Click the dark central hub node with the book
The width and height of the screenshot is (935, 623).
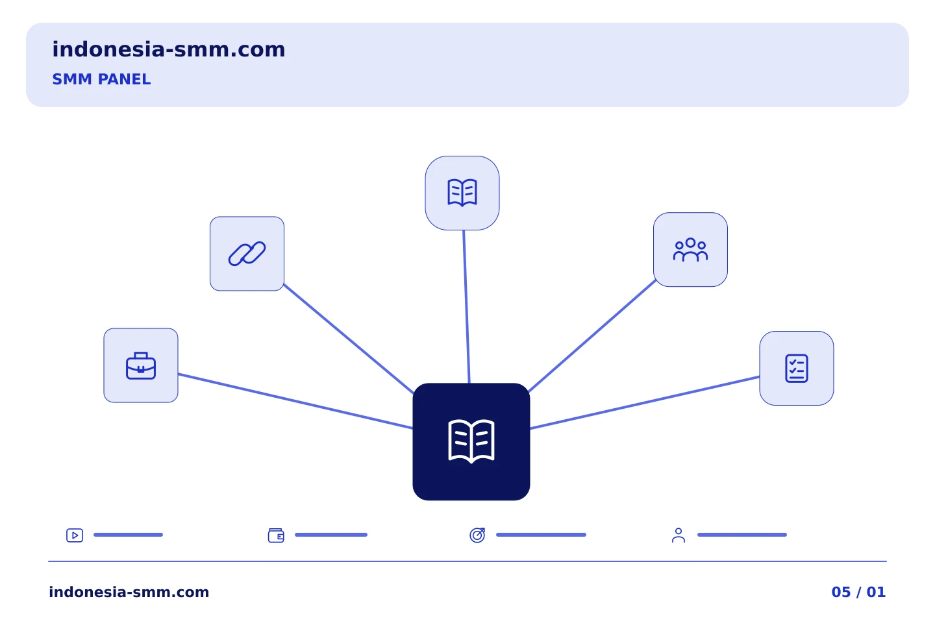(471, 442)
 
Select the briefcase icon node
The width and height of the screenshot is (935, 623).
(141, 365)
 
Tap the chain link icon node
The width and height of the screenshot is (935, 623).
(247, 254)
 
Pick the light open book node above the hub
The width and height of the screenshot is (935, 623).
(462, 193)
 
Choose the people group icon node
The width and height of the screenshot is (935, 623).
(690, 250)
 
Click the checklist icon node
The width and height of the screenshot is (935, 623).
(797, 369)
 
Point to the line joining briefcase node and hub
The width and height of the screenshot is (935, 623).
(295, 402)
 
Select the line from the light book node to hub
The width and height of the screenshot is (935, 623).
(467, 307)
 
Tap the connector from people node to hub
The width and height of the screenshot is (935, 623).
(592, 336)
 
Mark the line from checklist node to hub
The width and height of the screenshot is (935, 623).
(645, 402)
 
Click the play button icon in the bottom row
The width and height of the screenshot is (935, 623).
(75, 535)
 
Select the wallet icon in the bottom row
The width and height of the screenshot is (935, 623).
(276, 535)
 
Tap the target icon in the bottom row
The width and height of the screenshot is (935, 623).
(477, 535)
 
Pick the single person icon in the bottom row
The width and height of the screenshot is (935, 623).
(679, 535)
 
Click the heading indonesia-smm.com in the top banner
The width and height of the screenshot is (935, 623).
(169, 49)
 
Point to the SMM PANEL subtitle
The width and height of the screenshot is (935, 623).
(101, 79)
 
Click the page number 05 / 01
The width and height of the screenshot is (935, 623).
(858, 592)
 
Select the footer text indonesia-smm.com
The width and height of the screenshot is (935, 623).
(129, 592)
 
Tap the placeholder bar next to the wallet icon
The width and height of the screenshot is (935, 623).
(331, 535)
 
